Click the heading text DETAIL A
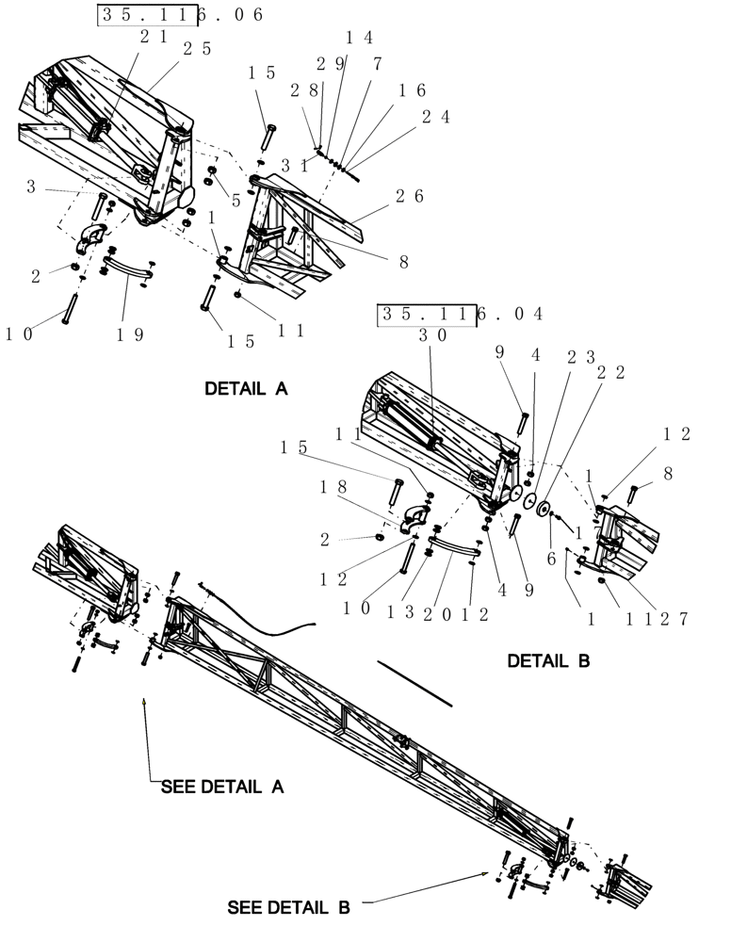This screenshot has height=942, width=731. pyautogui.click(x=246, y=388)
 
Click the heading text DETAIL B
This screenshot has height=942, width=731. pyautogui.click(x=548, y=661)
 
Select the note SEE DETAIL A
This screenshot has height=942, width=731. pyautogui.click(x=222, y=787)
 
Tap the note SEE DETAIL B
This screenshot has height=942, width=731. pyautogui.click(x=288, y=908)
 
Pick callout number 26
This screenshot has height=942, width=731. pyautogui.click(x=409, y=196)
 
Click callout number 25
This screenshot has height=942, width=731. pyautogui.click(x=197, y=49)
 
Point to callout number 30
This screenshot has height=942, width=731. pyautogui.click(x=432, y=334)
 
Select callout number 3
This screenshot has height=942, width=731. pyautogui.click(x=31, y=188)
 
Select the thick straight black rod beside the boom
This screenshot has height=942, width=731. pyautogui.click(x=414, y=684)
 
